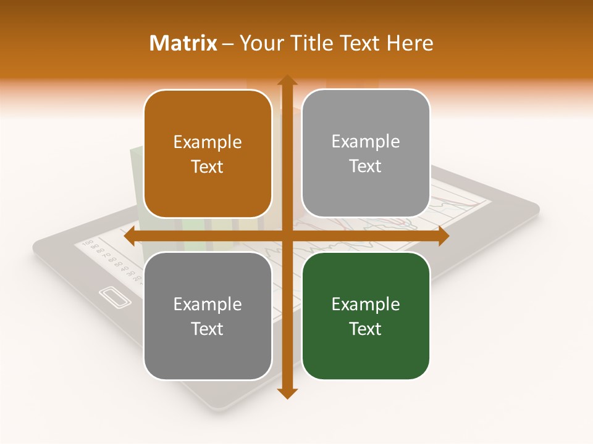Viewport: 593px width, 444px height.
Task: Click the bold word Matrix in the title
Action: coord(183,43)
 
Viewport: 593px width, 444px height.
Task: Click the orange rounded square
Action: coord(208,154)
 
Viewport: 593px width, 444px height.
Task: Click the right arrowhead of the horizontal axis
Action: coord(443,236)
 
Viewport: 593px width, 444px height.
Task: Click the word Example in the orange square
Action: coord(208,142)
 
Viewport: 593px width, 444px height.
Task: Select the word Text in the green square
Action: coord(366,329)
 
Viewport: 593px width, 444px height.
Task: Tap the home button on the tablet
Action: coord(115,298)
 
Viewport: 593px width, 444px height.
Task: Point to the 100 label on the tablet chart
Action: coord(87,243)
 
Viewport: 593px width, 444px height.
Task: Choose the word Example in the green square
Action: coord(366,304)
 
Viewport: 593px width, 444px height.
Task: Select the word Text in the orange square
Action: coord(208,167)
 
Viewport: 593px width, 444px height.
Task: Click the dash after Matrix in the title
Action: coord(228,44)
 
